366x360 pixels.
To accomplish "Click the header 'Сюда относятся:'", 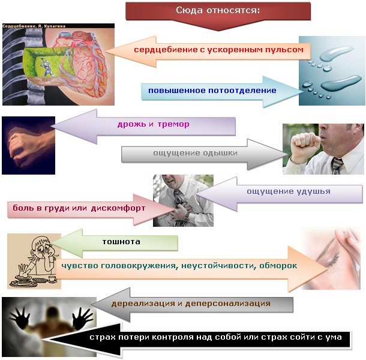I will (218, 11).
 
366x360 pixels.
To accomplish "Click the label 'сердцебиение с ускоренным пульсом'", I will (218, 50).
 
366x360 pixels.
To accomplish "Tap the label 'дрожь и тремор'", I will (153, 125).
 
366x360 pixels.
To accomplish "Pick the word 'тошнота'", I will (121, 242).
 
